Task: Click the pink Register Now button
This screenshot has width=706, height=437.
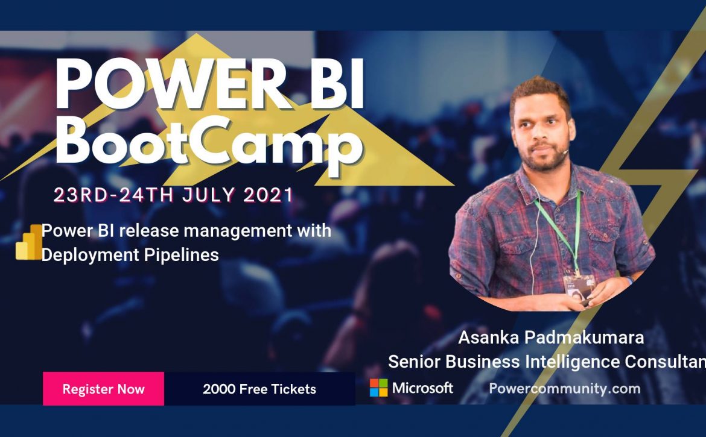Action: click(104, 389)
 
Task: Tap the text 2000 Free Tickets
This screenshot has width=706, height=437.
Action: click(259, 389)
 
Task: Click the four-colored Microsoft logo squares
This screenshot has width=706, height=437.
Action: click(379, 388)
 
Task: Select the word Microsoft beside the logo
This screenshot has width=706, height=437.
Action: click(422, 388)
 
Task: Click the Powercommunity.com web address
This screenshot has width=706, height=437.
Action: click(565, 388)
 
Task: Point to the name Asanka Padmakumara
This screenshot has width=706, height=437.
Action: click(551, 337)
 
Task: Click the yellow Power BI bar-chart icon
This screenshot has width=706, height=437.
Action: click(29, 242)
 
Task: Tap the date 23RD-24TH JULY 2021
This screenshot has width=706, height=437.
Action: click(173, 195)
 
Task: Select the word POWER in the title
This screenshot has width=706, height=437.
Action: click(170, 84)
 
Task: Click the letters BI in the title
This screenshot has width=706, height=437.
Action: click(337, 84)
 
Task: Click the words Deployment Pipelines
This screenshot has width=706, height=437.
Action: click(130, 255)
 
